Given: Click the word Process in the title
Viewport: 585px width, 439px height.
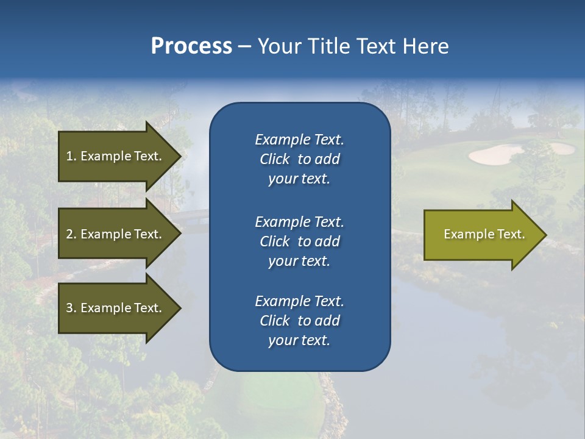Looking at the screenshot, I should (191, 46).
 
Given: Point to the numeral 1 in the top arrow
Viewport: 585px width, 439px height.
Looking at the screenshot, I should (69, 156).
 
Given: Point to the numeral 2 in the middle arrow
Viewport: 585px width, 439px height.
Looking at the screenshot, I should (69, 234).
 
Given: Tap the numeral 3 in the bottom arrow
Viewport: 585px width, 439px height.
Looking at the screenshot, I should (69, 308).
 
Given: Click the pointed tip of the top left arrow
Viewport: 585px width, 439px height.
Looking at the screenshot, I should (180, 156).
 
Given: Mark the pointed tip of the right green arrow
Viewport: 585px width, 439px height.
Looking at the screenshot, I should (545, 235).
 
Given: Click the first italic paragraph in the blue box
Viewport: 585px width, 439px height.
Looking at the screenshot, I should (299, 159).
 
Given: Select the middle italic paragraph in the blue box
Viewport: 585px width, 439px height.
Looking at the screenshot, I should (299, 241).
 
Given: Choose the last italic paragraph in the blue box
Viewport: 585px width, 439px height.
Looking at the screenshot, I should (299, 321).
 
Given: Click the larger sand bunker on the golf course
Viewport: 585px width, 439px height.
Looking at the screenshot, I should (495, 155).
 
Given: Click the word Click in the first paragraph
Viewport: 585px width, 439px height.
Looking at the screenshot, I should (275, 159).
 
